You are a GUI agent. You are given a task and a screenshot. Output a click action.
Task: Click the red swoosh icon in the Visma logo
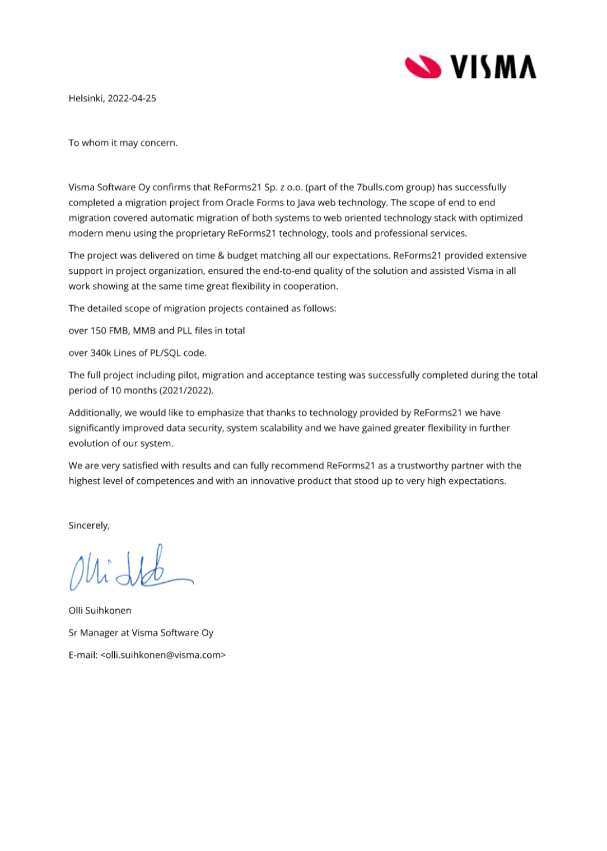click(423, 67)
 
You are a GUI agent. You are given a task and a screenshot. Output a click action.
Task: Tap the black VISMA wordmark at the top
click(493, 67)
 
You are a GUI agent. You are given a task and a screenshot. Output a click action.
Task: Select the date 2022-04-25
click(132, 99)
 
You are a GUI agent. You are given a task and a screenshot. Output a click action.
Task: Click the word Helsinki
click(86, 99)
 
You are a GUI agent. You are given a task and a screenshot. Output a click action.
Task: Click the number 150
click(99, 331)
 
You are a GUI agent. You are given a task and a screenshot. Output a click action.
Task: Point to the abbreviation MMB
click(144, 331)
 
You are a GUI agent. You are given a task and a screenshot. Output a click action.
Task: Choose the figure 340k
click(101, 353)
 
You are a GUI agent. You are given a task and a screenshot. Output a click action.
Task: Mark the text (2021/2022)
click(186, 391)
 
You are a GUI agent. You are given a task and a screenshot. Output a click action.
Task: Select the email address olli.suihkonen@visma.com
click(163, 655)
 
